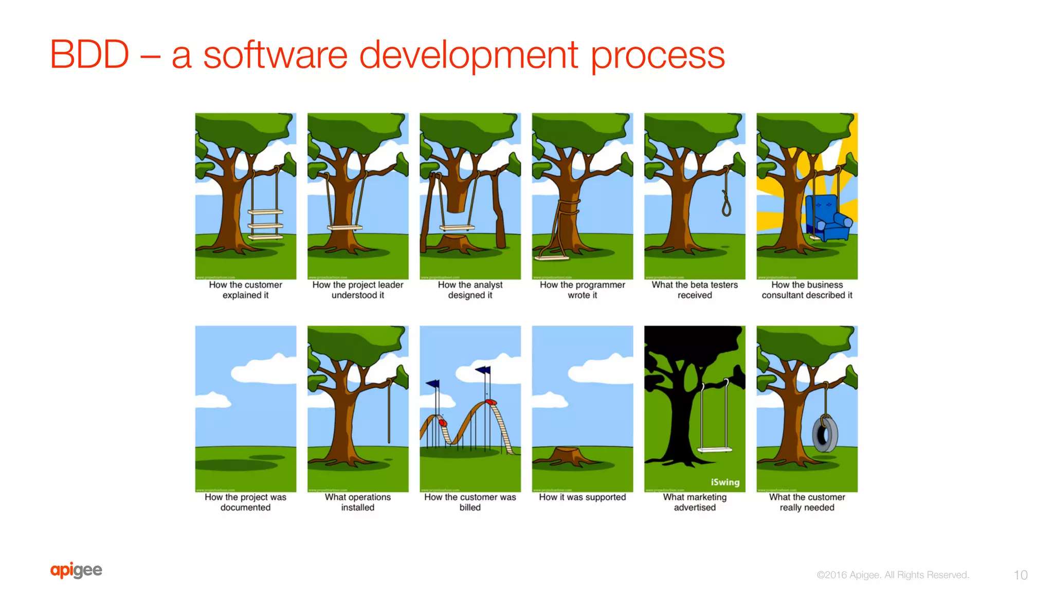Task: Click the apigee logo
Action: point(76,570)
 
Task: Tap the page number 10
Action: point(1020,575)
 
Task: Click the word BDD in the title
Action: point(89,55)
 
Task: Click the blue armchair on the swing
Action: point(827,219)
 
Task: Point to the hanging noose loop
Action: point(726,206)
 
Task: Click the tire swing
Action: point(825,435)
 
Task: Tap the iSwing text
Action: point(725,482)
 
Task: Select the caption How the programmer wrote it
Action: point(582,290)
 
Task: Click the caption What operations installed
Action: point(357,502)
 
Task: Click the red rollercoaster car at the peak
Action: point(491,402)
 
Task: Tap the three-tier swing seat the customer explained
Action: point(265,225)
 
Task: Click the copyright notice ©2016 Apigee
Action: point(893,575)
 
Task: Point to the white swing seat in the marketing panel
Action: point(714,450)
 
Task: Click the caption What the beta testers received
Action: point(694,290)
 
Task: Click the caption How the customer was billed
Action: point(470,502)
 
